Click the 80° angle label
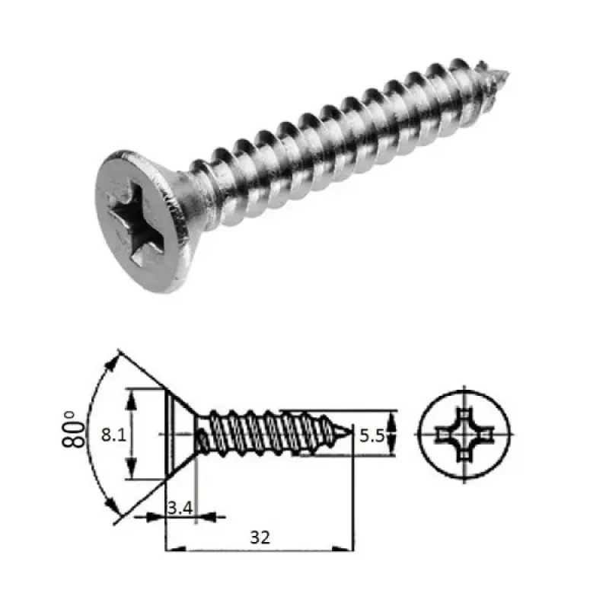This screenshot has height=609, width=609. [73, 433]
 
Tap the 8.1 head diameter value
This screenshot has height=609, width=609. [113, 435]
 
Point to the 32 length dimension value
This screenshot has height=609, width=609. [259, 537]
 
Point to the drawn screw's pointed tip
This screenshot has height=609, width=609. [352, 434]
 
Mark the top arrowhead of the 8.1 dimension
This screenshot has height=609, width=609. [132, 395]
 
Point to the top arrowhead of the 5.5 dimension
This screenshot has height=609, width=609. [391, 418]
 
